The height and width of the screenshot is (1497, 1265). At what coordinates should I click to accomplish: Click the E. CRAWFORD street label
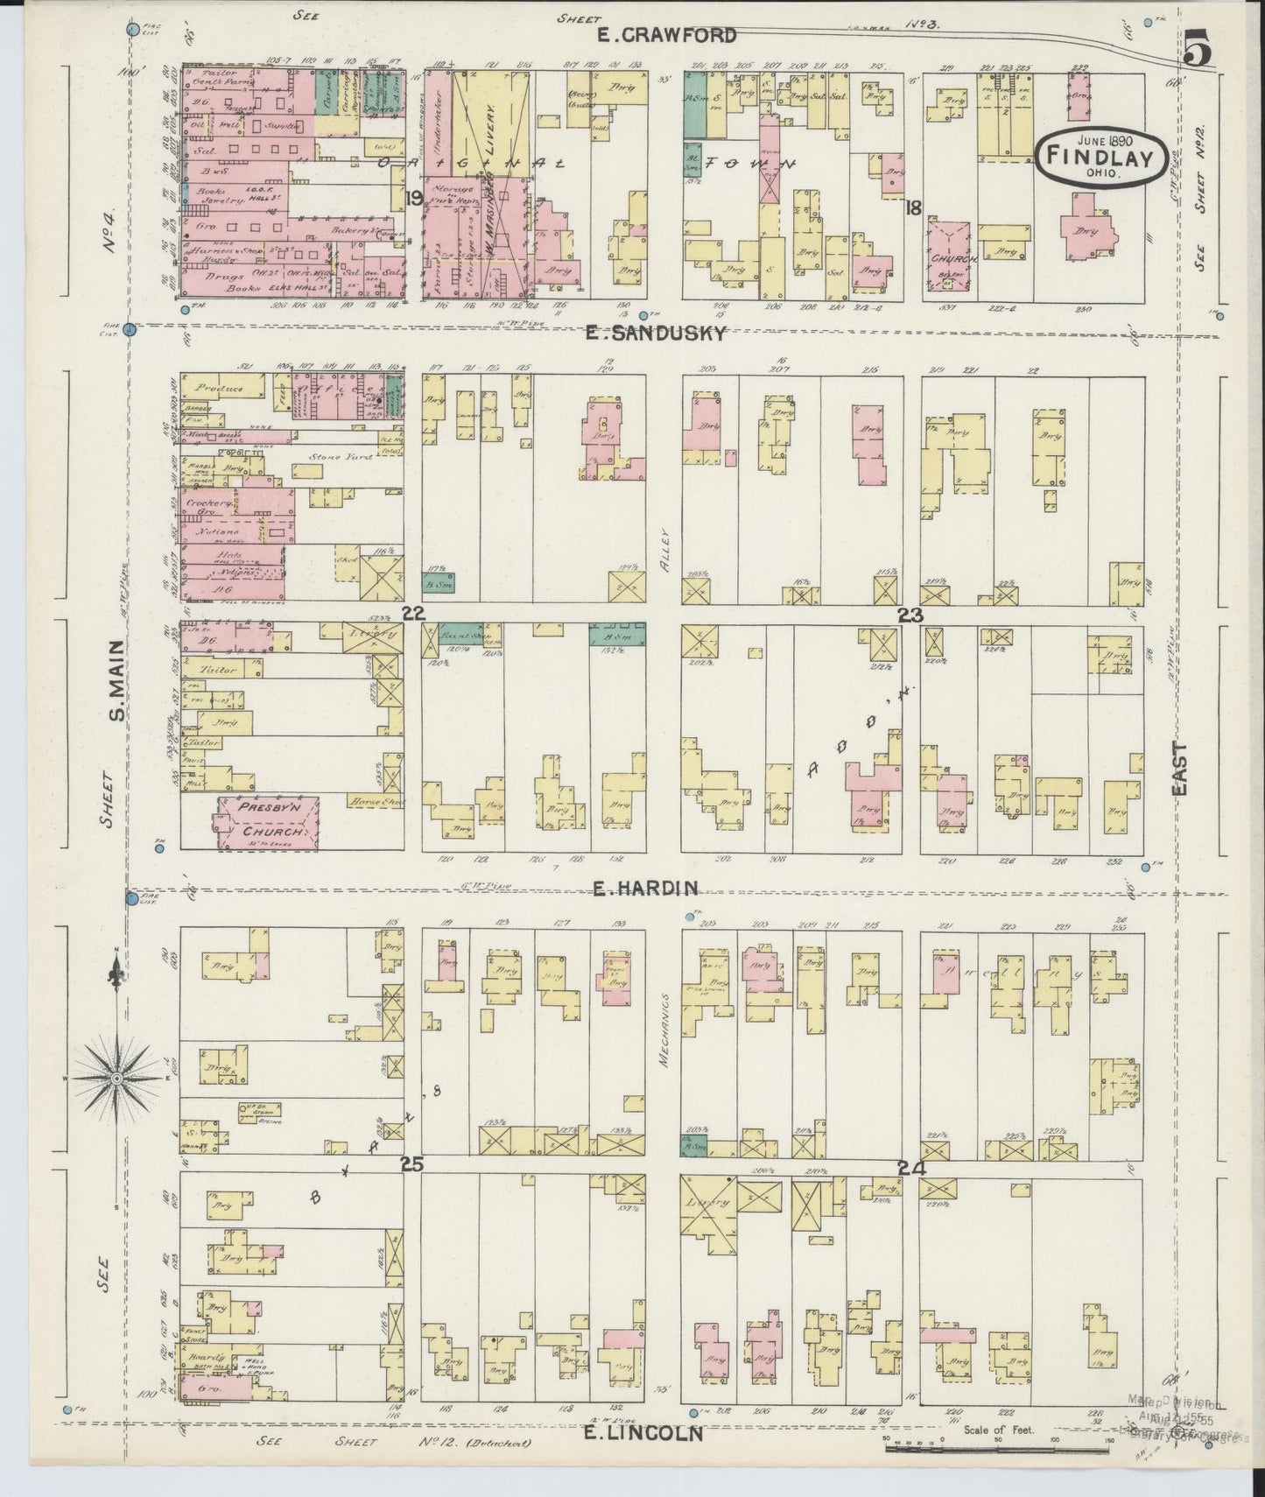[x=665, y=35]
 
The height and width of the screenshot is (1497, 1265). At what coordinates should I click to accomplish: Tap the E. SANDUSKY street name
[x=656, y=333]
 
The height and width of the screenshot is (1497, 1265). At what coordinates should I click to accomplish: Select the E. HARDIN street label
[x=645, y=889]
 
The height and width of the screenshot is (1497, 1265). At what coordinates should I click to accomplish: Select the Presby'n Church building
[x=266, y=822]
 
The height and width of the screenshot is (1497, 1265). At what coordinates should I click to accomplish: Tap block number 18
[x=914, y=207]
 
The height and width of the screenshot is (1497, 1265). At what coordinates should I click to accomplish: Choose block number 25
[x=411, y=1164]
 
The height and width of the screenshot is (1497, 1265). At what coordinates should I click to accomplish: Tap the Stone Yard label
[x=328, y=457]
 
